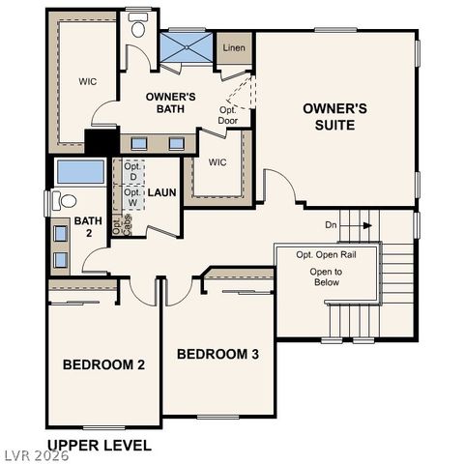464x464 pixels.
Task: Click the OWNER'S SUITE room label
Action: point(334,116)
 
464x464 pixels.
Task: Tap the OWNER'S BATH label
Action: point(171,103)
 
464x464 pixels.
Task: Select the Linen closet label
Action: point(233,47)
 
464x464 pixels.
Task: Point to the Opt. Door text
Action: point(228,115)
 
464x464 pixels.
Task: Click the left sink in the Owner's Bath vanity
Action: point(139,143)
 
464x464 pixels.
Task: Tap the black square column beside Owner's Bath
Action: point(98,142)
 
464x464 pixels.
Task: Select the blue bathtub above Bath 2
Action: point(80,173)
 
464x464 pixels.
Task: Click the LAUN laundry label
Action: point(161,192)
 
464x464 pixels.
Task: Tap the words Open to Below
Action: point(326,278)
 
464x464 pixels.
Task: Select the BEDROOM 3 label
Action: point(217,355)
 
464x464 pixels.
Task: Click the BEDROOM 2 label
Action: point(103,364)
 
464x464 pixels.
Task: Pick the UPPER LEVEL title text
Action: point(99,446)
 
